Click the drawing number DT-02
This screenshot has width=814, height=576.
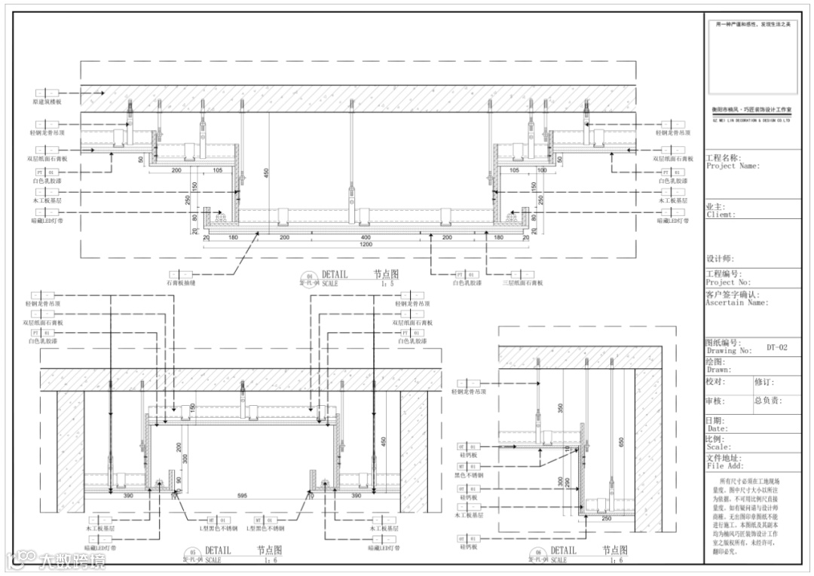[776, 348]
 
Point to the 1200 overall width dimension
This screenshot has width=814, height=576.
[366, 245]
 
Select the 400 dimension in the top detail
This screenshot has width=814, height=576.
[366, 236]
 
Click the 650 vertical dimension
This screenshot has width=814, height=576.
[622, 443]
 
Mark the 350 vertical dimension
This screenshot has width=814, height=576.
[560, 407]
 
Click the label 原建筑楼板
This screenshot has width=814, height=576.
[47, 100]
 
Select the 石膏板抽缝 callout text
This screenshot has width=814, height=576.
[181, 283]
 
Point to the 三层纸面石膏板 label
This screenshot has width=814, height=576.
[522, 283]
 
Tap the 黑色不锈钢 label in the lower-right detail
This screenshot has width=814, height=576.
[468, 476]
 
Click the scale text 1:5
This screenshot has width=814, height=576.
[389, 284]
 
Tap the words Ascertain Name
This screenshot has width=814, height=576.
[736, 303]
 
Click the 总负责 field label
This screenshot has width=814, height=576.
[767, 401]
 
